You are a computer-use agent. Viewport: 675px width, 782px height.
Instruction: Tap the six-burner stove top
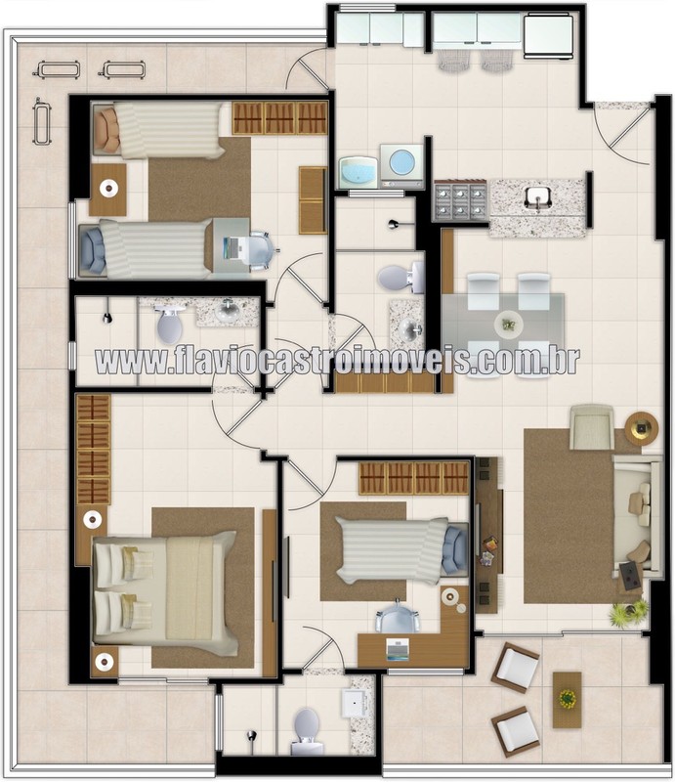pos(461,200)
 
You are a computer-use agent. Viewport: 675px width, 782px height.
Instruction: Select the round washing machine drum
pos(401,161)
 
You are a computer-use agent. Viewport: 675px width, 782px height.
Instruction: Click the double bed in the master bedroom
pos(165,592)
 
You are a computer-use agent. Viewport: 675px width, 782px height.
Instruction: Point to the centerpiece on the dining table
pos(509,325)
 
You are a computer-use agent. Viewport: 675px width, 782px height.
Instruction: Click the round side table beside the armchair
pos(642,427)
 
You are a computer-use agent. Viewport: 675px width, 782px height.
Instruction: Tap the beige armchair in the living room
pos(592,427)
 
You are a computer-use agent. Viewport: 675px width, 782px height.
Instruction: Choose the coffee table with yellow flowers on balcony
pos(567,699)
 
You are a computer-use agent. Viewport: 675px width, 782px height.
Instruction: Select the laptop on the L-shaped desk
pos(398,650)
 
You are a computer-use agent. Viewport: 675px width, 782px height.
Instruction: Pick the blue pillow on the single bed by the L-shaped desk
pos(453,549)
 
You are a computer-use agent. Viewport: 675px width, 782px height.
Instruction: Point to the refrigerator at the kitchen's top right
pos(547,36)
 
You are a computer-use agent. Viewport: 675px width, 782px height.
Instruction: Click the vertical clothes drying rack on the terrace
pos(42,121)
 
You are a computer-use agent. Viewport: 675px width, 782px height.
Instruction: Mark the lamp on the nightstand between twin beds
pos(107,189)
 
